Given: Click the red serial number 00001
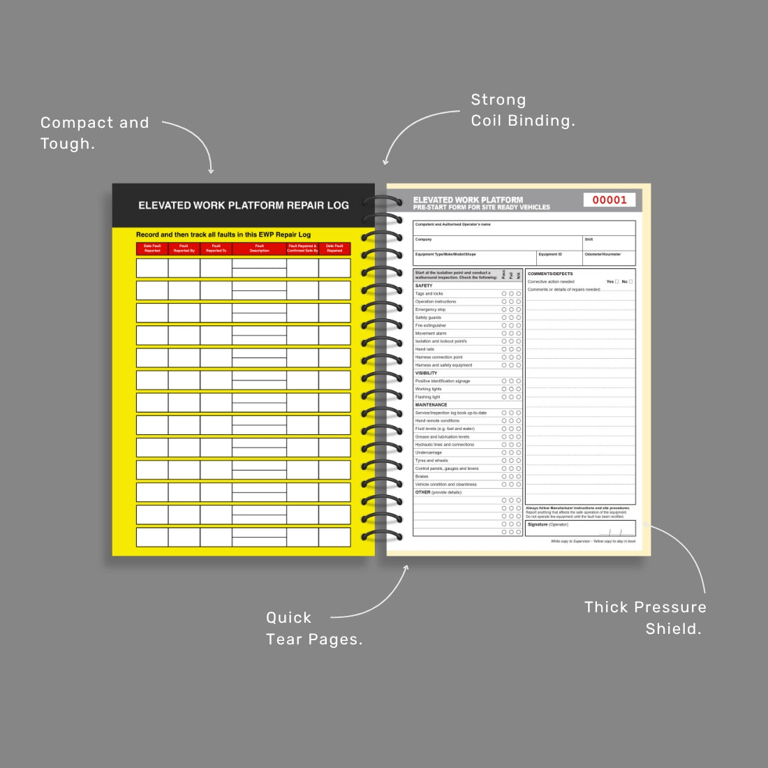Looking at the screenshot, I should pos(610,200).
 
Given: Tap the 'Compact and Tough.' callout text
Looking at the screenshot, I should pos(95,133).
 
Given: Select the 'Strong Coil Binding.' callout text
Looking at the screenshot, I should pos(523,110).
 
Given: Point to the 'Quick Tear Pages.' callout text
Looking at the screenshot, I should pos(314,628).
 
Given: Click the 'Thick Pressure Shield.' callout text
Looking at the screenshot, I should pos(645,618).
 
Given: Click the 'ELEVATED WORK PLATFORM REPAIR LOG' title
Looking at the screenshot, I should pos(244,205).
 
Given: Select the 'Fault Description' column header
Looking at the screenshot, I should pos(259,249).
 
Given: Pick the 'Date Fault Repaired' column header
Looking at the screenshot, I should pos(334,249).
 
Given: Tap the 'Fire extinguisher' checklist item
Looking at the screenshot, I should pos(431,325).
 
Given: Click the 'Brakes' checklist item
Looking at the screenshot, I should pos(422,477).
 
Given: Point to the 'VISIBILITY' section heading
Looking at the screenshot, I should pos(426,373).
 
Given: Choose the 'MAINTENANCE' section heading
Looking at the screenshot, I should pos(431,405).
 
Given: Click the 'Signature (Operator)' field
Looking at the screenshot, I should pos(548,524).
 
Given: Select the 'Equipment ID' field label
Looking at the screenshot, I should pos(549,254).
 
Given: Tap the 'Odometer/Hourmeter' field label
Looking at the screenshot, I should pos(603,254).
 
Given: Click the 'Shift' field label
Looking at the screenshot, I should pos(589,239).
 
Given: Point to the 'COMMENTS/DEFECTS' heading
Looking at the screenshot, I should pos(550,274).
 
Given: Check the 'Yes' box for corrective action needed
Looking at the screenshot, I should pos(616,281).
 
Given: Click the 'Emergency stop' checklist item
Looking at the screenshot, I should pos(430,309).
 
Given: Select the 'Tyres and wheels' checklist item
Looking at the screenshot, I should pos(431,461).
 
